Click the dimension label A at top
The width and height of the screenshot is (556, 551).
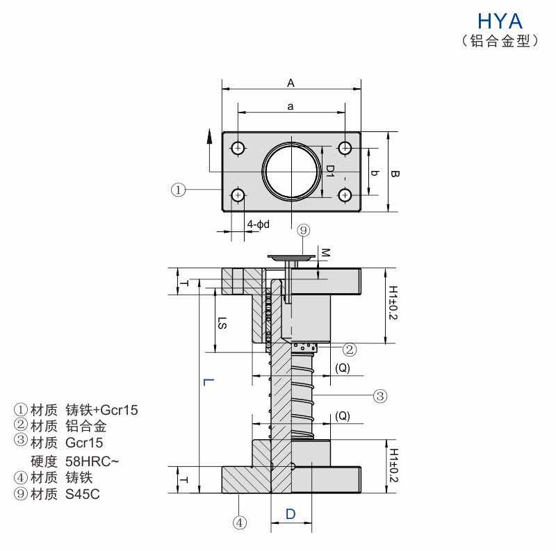tap(291, 83)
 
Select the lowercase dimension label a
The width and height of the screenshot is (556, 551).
tap(291, 105)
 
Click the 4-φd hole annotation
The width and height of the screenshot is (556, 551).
tap(259, 224)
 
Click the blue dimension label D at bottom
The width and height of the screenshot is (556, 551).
tap(291, 514)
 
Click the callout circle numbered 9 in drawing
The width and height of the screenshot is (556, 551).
tap(304, 230)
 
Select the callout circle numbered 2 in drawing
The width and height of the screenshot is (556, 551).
tap(350, 349)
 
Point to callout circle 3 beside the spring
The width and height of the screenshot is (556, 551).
tap(379, 396)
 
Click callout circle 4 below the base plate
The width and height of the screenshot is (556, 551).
tap(238, 522)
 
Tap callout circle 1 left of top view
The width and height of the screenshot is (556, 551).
tap(179, 189)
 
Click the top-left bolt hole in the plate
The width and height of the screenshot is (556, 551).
tap(238, 147)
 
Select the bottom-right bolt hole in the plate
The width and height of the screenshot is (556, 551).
tap(345, 195)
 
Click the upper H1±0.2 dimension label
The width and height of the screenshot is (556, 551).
tap(393, 302)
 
